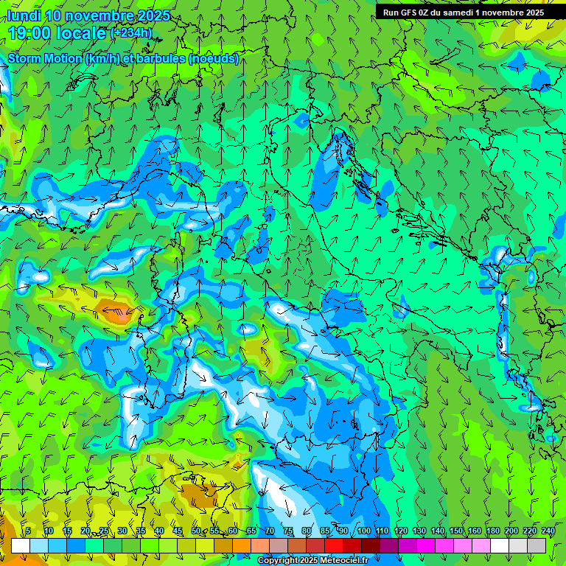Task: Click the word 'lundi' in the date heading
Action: pos(24,15)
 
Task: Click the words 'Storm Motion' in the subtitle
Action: pos(45,58)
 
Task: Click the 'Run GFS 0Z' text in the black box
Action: pos(405,13)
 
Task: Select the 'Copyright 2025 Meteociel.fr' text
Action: pos(313,561)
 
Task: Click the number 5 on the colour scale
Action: pos(28,531)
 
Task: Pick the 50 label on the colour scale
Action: pos(196,531)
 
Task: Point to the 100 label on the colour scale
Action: pos(363,531)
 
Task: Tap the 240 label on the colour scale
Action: pos(548,531)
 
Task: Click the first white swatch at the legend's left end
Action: pos(21,545)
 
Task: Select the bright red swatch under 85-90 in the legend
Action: pos(334,545)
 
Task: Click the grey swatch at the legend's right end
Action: pos(537,545)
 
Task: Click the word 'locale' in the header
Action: pos(81,32)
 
